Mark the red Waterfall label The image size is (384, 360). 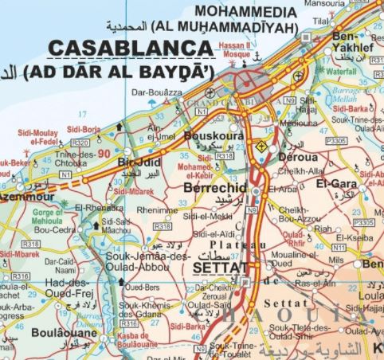[341, 71]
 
